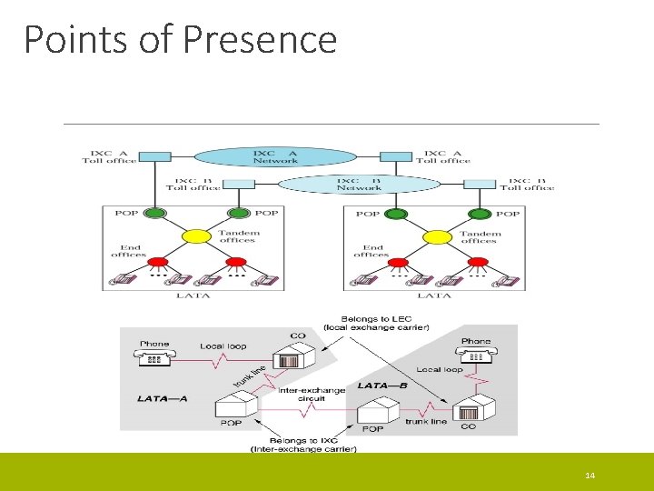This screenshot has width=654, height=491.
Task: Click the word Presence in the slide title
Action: coord(260,39)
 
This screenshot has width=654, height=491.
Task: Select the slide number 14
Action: coord(590,476)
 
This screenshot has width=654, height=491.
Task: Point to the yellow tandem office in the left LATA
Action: coord(196,236)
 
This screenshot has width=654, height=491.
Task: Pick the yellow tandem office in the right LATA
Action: coord(437,236)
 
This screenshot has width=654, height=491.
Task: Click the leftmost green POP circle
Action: coord(155,215)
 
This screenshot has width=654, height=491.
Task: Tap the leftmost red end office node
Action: coord(155,264)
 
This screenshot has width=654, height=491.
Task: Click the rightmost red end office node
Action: coord(479,264)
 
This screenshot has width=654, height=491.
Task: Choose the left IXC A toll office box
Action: coord(156,156)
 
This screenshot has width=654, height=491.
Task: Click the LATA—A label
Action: coord(163,397)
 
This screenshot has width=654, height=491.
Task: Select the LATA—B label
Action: coord(382,386)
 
